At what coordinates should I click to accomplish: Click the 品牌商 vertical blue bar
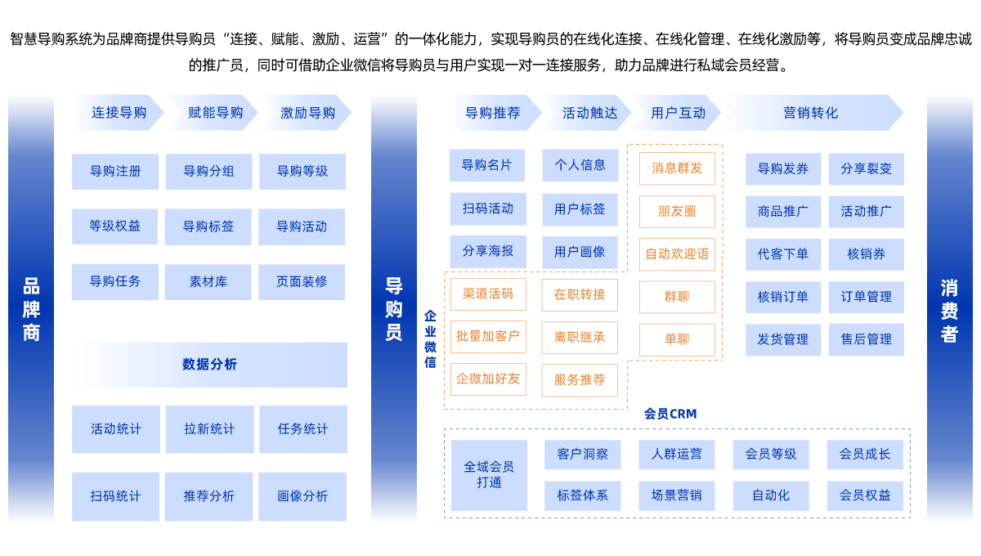tap(31, 308)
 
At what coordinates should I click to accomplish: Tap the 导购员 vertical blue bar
tap(393, 308)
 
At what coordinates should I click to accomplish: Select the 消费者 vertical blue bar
tap(949, 308)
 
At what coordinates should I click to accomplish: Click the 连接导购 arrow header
tap(118, 113)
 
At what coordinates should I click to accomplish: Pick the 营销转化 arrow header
tap(810, 113)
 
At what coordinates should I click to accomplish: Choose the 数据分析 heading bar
tap(209, 365)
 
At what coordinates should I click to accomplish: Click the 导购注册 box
tap(115, 172)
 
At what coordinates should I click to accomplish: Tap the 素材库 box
tap(208, 282)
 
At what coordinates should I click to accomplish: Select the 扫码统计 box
tap(115, 496)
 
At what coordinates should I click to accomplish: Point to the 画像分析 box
tap(302, 496)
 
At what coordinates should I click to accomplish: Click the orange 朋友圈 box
tap(677, 212)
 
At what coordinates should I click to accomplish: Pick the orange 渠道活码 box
tap(488, 294)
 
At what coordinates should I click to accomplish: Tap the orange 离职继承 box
tap(580, 337)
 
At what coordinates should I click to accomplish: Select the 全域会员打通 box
tap(489, 475)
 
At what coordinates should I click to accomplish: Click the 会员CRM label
tap(670, 415)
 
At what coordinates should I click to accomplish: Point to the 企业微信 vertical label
tap(430, 339)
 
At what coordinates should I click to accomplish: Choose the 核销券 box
tap(866, 254)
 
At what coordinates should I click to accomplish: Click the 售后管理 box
tap(866, 339)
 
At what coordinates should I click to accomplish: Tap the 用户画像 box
tap(580, 252)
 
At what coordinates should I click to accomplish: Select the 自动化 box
tap(771, 495)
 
